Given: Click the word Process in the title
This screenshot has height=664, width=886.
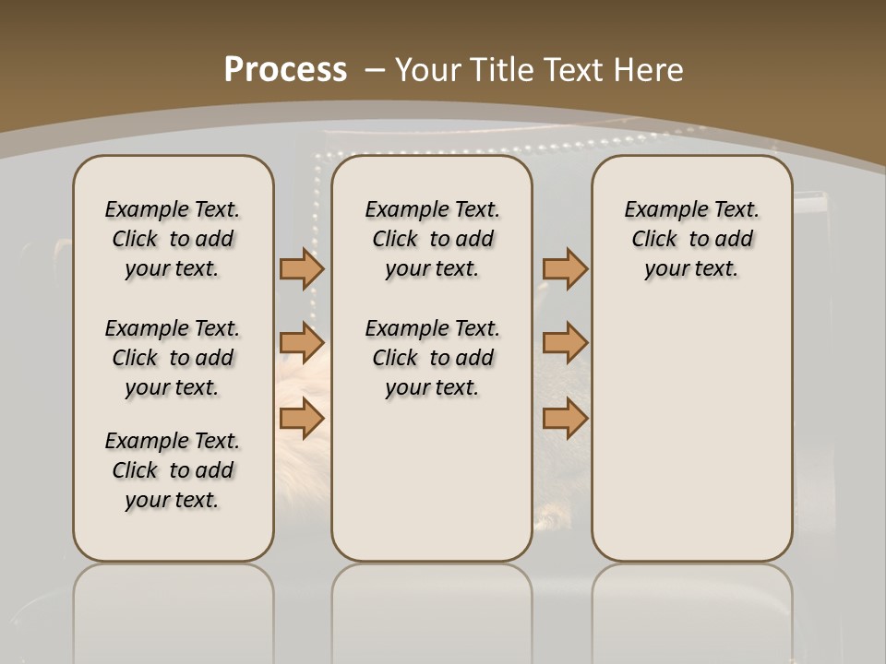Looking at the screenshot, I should tap(285, 70).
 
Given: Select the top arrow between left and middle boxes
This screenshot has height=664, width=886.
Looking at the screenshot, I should tap(302, 268).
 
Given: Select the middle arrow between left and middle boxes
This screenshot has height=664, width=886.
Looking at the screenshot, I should tap(302, 343).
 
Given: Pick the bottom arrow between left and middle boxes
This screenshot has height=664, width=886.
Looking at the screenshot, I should tap(302, 419).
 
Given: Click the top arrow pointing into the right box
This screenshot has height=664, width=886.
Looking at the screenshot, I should tap(565, 268).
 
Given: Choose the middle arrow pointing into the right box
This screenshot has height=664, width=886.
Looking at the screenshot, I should tap(565, 343).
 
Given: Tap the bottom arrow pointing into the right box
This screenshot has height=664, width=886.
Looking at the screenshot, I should tap(565, 419).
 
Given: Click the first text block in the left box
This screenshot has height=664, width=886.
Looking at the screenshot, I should tap(173, 239).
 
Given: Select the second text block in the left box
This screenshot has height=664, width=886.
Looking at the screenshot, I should tap(173, 358).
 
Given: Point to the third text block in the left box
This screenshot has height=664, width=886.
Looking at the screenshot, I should tap(173, 470).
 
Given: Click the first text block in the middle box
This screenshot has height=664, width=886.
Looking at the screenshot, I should tap(432, 239).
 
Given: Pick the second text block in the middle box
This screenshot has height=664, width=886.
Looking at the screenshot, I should tap(432, 358).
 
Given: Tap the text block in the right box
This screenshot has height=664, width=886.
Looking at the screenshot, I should tap(691, 239).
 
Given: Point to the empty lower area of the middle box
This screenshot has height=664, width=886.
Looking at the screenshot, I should tap(432, 480).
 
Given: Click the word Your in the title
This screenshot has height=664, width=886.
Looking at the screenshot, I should tap(428, 70).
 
